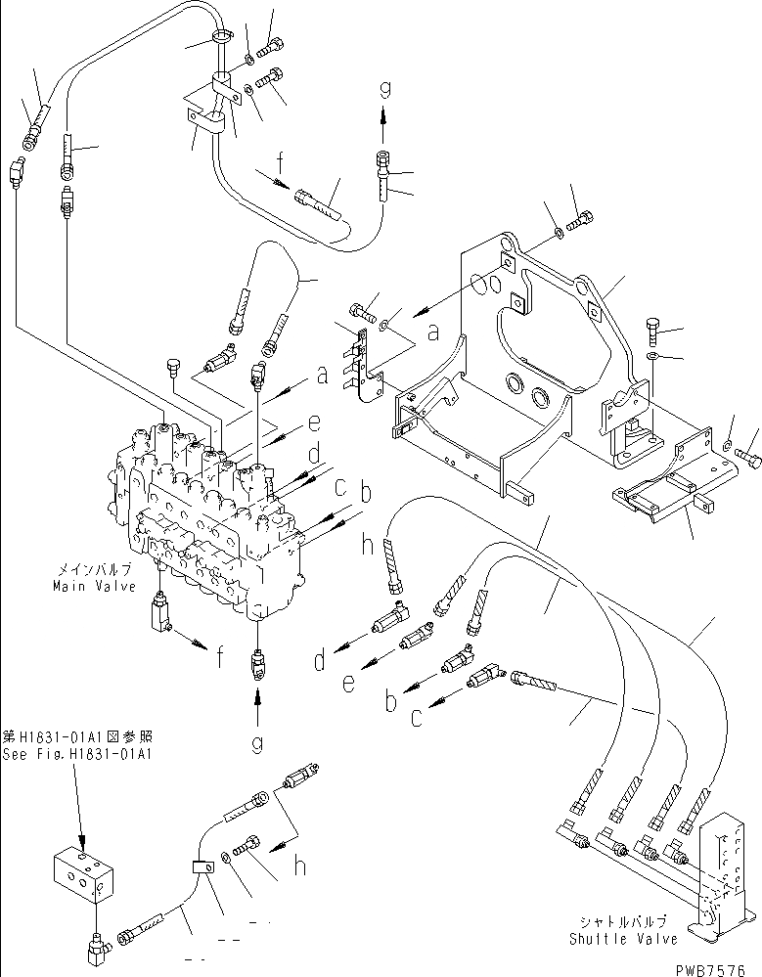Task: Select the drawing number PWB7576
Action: pos(716,967)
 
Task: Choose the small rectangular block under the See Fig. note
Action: pos(87,874)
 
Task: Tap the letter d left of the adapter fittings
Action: pos(319,662)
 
